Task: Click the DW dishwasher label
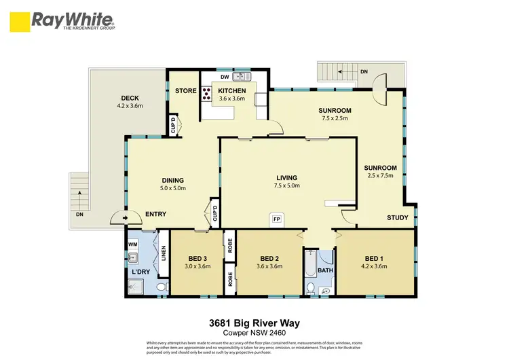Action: pos(224,77)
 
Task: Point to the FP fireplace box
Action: pos(277,219)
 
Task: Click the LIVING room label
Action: pos(286,178)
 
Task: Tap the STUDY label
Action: pos(397,218)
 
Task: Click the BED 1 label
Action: pos(371,258)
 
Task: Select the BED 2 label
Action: pos(269,258)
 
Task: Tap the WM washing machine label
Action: pos(134,242)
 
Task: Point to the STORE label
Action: pos(185,91)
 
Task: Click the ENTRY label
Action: pos(156,215)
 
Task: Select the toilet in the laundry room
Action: pos(161,288)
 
